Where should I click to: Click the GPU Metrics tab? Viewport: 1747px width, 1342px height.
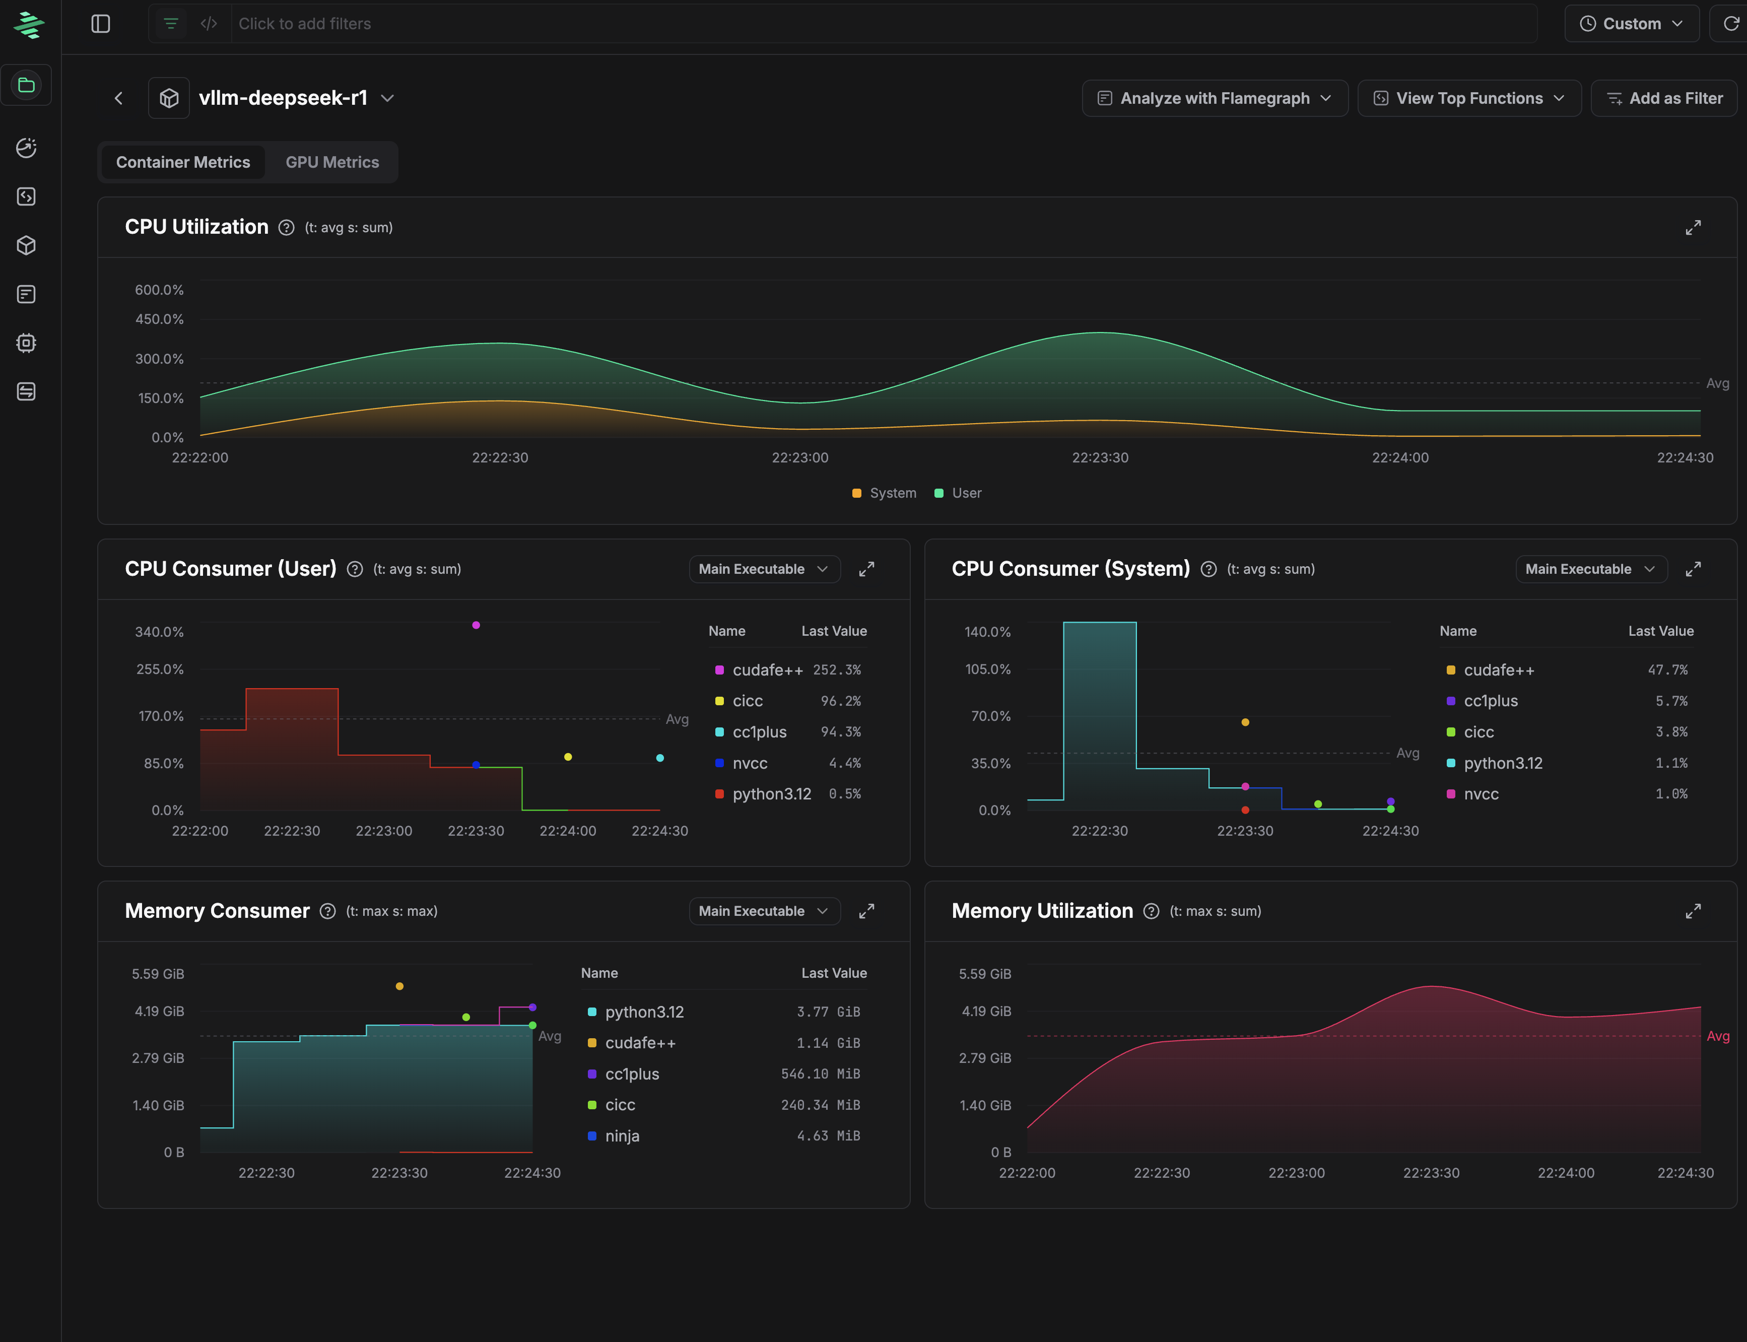coord(332,162)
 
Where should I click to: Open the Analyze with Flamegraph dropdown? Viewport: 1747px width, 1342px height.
coord(1214,98)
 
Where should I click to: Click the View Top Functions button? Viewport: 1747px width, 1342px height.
coord(1468,98)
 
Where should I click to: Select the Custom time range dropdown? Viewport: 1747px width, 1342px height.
coord(1631,24)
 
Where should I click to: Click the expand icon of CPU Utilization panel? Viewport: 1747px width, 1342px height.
coord(1693,228)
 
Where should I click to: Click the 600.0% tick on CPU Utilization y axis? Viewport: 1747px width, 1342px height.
coord(159,290)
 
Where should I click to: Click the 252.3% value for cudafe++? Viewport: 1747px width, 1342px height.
coord(836,670)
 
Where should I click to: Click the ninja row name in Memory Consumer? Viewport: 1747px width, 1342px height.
coord(622,1136)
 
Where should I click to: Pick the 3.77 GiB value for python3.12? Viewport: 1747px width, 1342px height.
coord(828,1012)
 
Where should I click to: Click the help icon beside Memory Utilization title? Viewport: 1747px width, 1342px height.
coord(1151,911)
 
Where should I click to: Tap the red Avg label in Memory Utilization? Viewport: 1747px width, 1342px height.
coord(1717,1036)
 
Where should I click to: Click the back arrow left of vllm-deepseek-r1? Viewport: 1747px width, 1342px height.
coord(119,98)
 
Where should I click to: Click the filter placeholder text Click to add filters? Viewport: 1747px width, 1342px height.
coord(304,24)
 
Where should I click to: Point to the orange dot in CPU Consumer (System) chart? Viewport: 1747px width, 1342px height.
coord(1245,722)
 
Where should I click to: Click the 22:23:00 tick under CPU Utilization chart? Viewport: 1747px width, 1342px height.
coord(799,458)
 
